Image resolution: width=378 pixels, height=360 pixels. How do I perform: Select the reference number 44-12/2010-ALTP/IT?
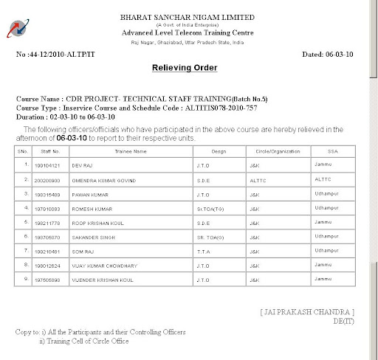(x=63, y=54)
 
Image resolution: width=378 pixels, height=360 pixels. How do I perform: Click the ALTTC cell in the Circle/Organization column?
(x=258, y=179)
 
